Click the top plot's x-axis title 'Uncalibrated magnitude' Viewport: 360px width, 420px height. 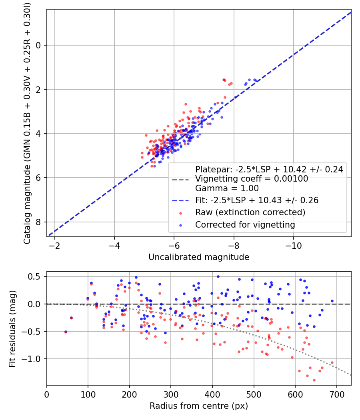pyautogui.click(x=199, y=257)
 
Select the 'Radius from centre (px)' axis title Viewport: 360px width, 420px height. pyautogui.click(x=199, y=406)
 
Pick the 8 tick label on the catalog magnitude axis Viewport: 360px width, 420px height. pyautogui.click(x=39, y=222)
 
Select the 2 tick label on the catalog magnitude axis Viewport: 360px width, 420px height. pyautogui.click(x=39, y=90)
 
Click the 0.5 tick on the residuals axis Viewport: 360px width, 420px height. pyautogui.click(x=36, y=276)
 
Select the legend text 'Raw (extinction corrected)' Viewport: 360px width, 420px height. pyautogui.click(x=250, y=212)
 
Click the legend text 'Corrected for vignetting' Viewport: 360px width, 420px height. pyautogui.click(x=245, y=225)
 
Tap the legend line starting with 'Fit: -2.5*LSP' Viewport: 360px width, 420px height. pyautogui.click(x=256, y=200)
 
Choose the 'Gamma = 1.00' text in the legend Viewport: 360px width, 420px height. pyautogui.click(x=227, y=188)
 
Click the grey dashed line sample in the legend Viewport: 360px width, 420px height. pyautogui.click(x=181, y=179)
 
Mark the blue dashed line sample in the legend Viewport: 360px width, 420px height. pyautogui.click(x=181, y=200)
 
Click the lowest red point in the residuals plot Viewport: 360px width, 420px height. pyautogui.click(x=314, y=380)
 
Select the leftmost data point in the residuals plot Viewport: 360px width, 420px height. pyautogui.click(x=66, y=332)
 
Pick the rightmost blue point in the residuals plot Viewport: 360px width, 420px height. pyautogui.click(x=332, y=301)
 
